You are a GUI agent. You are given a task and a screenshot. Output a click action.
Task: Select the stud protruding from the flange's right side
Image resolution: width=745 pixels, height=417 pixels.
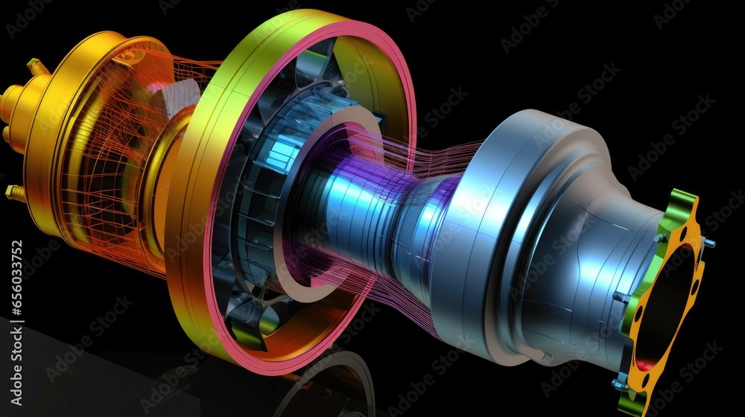click(x=708, y=242)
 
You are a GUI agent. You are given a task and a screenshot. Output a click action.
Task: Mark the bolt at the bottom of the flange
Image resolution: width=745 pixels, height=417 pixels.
click(x=618, y=384)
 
